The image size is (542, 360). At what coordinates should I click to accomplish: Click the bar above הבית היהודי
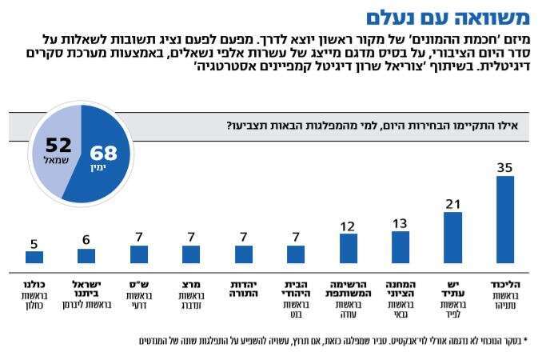[296, 254]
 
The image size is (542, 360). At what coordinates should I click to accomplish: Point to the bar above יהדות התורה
[243, 254]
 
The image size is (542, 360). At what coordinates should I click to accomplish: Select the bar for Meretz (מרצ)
[191, 254]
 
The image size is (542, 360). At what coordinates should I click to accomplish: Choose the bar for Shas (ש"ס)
[138, 254]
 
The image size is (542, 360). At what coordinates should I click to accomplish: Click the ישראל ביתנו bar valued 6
[86, 256]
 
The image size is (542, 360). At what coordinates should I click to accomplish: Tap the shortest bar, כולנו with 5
[34, 257]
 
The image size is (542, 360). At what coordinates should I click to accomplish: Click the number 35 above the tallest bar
[505, 168]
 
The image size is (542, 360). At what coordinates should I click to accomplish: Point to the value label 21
[453, 204]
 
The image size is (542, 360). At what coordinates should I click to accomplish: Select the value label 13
[401, 223]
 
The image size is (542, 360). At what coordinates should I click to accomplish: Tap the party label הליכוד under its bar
[505, 284]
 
